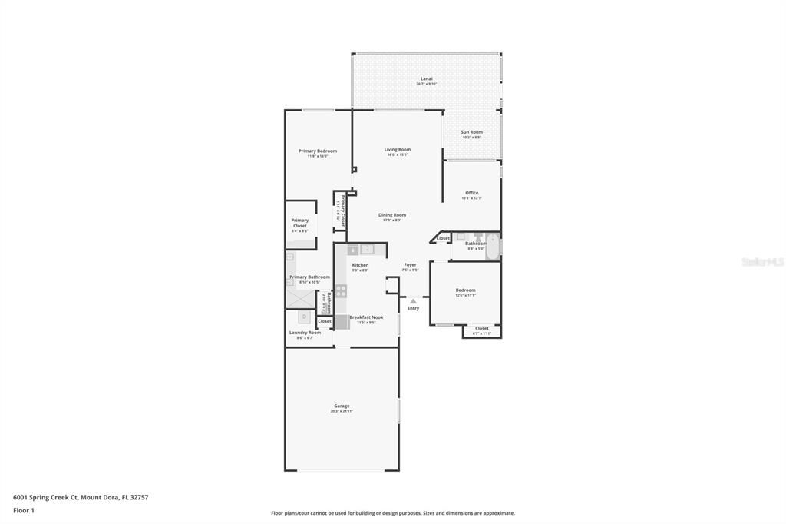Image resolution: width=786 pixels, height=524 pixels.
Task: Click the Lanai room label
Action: (426, 78)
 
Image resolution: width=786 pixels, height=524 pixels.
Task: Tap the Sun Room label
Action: (471, 132)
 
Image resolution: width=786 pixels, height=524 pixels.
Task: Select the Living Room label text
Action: (398, 149)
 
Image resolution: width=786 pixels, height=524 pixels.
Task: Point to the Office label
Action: (471, 193)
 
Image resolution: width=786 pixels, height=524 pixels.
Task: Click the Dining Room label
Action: (392, 215)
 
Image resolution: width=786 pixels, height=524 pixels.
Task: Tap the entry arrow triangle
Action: (413, 300)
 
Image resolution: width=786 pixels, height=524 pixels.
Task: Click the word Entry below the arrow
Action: (413, 308)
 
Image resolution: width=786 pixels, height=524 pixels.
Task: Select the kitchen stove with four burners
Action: (341, 291)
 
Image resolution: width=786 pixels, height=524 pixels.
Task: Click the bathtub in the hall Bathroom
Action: (494, 246)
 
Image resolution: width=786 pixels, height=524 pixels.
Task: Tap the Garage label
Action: (342, 406)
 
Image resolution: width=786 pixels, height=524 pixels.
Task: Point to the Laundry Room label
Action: (305, 333)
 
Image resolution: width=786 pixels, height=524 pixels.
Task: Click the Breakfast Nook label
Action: (366, 317)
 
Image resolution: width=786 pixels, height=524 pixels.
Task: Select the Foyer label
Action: (410, 265)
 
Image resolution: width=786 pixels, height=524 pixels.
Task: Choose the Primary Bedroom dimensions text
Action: (318, 156)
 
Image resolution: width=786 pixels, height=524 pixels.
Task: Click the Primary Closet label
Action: (299, 223)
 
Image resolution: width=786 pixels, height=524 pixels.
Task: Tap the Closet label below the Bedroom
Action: (481, 328)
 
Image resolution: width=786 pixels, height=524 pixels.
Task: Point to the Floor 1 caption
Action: (24, 510)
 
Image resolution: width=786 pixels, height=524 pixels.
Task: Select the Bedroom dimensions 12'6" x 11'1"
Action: (465, 295)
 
